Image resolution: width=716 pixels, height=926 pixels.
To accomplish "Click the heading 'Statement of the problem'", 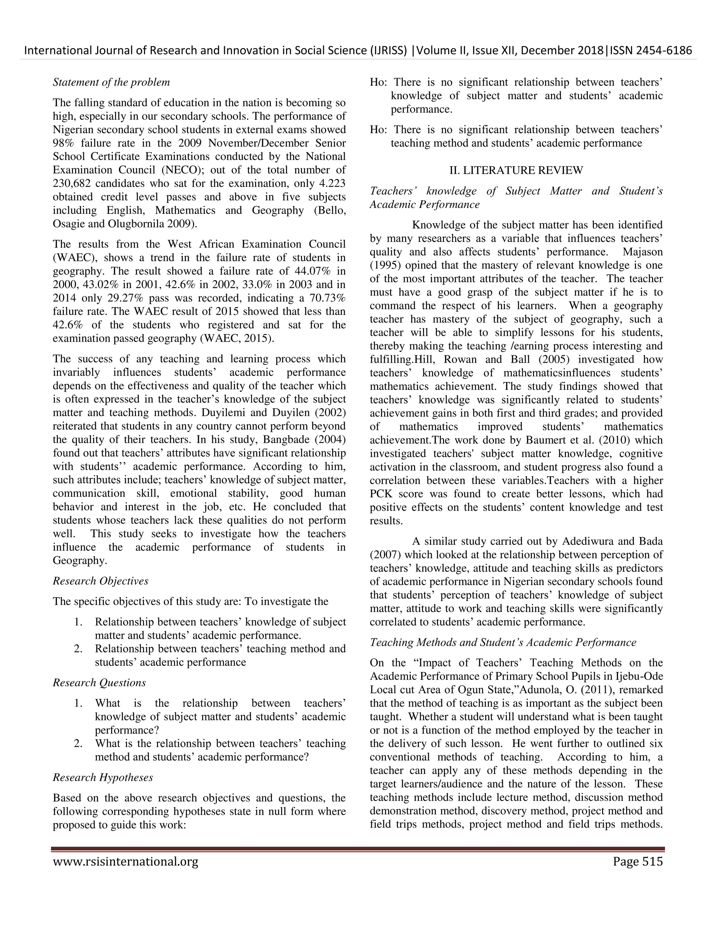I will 111,82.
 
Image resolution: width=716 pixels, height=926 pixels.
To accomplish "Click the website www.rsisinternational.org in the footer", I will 125,862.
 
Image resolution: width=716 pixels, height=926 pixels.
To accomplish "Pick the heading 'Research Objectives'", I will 101,581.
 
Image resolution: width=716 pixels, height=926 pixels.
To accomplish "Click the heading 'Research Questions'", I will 99,683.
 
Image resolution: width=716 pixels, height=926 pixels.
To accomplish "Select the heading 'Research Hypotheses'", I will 103,777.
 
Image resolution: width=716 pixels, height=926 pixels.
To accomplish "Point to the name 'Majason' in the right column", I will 642,252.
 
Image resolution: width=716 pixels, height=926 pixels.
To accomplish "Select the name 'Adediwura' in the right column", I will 589,541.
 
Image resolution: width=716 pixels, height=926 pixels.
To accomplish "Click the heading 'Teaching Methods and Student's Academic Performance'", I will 503,642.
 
